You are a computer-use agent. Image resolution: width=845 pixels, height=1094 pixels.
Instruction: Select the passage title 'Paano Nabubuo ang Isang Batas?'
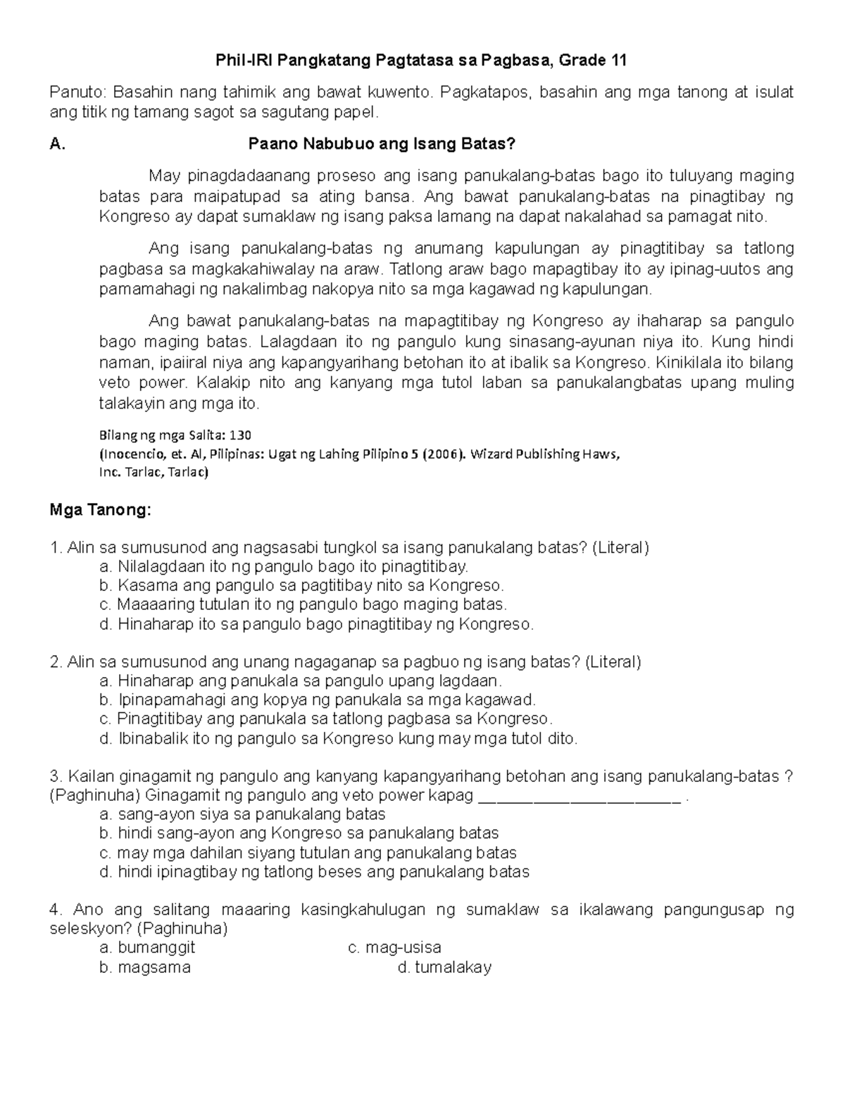pos(382,145)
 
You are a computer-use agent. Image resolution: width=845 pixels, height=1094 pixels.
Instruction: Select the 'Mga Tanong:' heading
pos(100,511)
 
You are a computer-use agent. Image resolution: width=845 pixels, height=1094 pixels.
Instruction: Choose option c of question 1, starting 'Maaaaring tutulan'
pos(304,604)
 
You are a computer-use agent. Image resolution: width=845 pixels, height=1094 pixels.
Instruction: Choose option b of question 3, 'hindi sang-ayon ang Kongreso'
pos(300,833)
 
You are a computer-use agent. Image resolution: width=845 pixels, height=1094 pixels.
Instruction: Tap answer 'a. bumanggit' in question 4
pos(148,948)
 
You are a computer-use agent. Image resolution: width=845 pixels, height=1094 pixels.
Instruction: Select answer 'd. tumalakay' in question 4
pos(444,968)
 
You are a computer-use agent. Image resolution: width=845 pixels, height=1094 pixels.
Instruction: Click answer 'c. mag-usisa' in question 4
pos(395,948)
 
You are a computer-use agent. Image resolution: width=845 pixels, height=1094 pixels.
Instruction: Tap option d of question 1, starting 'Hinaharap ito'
pos(317,624)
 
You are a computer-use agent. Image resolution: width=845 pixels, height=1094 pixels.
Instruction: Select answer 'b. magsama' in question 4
pos(146,968)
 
